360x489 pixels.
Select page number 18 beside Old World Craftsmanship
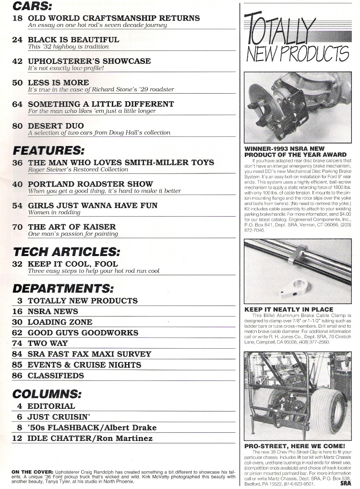(17, 18)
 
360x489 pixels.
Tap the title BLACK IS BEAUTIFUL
(73, 39)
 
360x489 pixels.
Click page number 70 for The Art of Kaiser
(17, 227)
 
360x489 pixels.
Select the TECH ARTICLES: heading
(66, 251)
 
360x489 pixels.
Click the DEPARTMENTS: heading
(63, 288)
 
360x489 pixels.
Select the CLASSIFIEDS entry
(56, 376)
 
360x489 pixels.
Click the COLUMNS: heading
(47, 394)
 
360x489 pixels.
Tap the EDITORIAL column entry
(51, 406)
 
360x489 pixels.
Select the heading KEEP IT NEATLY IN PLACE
(288, 309)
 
